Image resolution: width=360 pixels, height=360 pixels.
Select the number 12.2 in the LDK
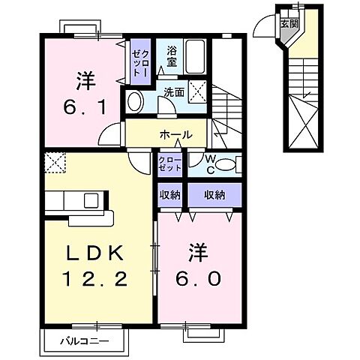pos(93,279)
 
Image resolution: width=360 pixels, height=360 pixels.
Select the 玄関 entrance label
pos(289,22)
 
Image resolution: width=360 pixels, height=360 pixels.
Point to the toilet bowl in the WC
pos(230,162)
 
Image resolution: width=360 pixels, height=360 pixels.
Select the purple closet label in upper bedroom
pos(141,59)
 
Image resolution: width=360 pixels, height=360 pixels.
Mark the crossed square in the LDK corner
pos(54,163)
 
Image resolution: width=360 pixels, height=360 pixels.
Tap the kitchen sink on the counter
pos(91,200)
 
